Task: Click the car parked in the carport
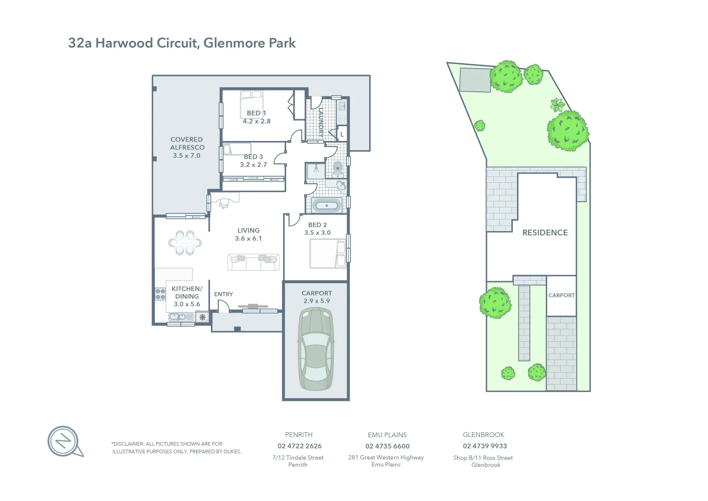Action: [x=317, y=349]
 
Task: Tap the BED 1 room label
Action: [x=256, y=113]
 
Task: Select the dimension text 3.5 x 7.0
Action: [x=186, y=156]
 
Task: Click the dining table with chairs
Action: [x=185, y=243]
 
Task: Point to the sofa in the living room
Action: [x=253, y=263]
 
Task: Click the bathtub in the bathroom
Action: [x=327, y=206]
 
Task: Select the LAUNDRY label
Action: [x=321, y=122]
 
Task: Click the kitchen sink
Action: [x=180, y=317]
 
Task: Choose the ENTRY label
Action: [x=223, y=294]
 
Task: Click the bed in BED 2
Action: [x=327, y=253]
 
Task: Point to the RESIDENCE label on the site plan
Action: [x=545, y=232]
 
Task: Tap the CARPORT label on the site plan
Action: [x=561, y=295]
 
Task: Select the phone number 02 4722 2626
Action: [x=300, y=446]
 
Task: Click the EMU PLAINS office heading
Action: [x=387, y=435]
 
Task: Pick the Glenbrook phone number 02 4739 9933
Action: [x=485, y=446]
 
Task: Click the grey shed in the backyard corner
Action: [x=475, y=80]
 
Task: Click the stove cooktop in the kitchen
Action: [x=160, y=294]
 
